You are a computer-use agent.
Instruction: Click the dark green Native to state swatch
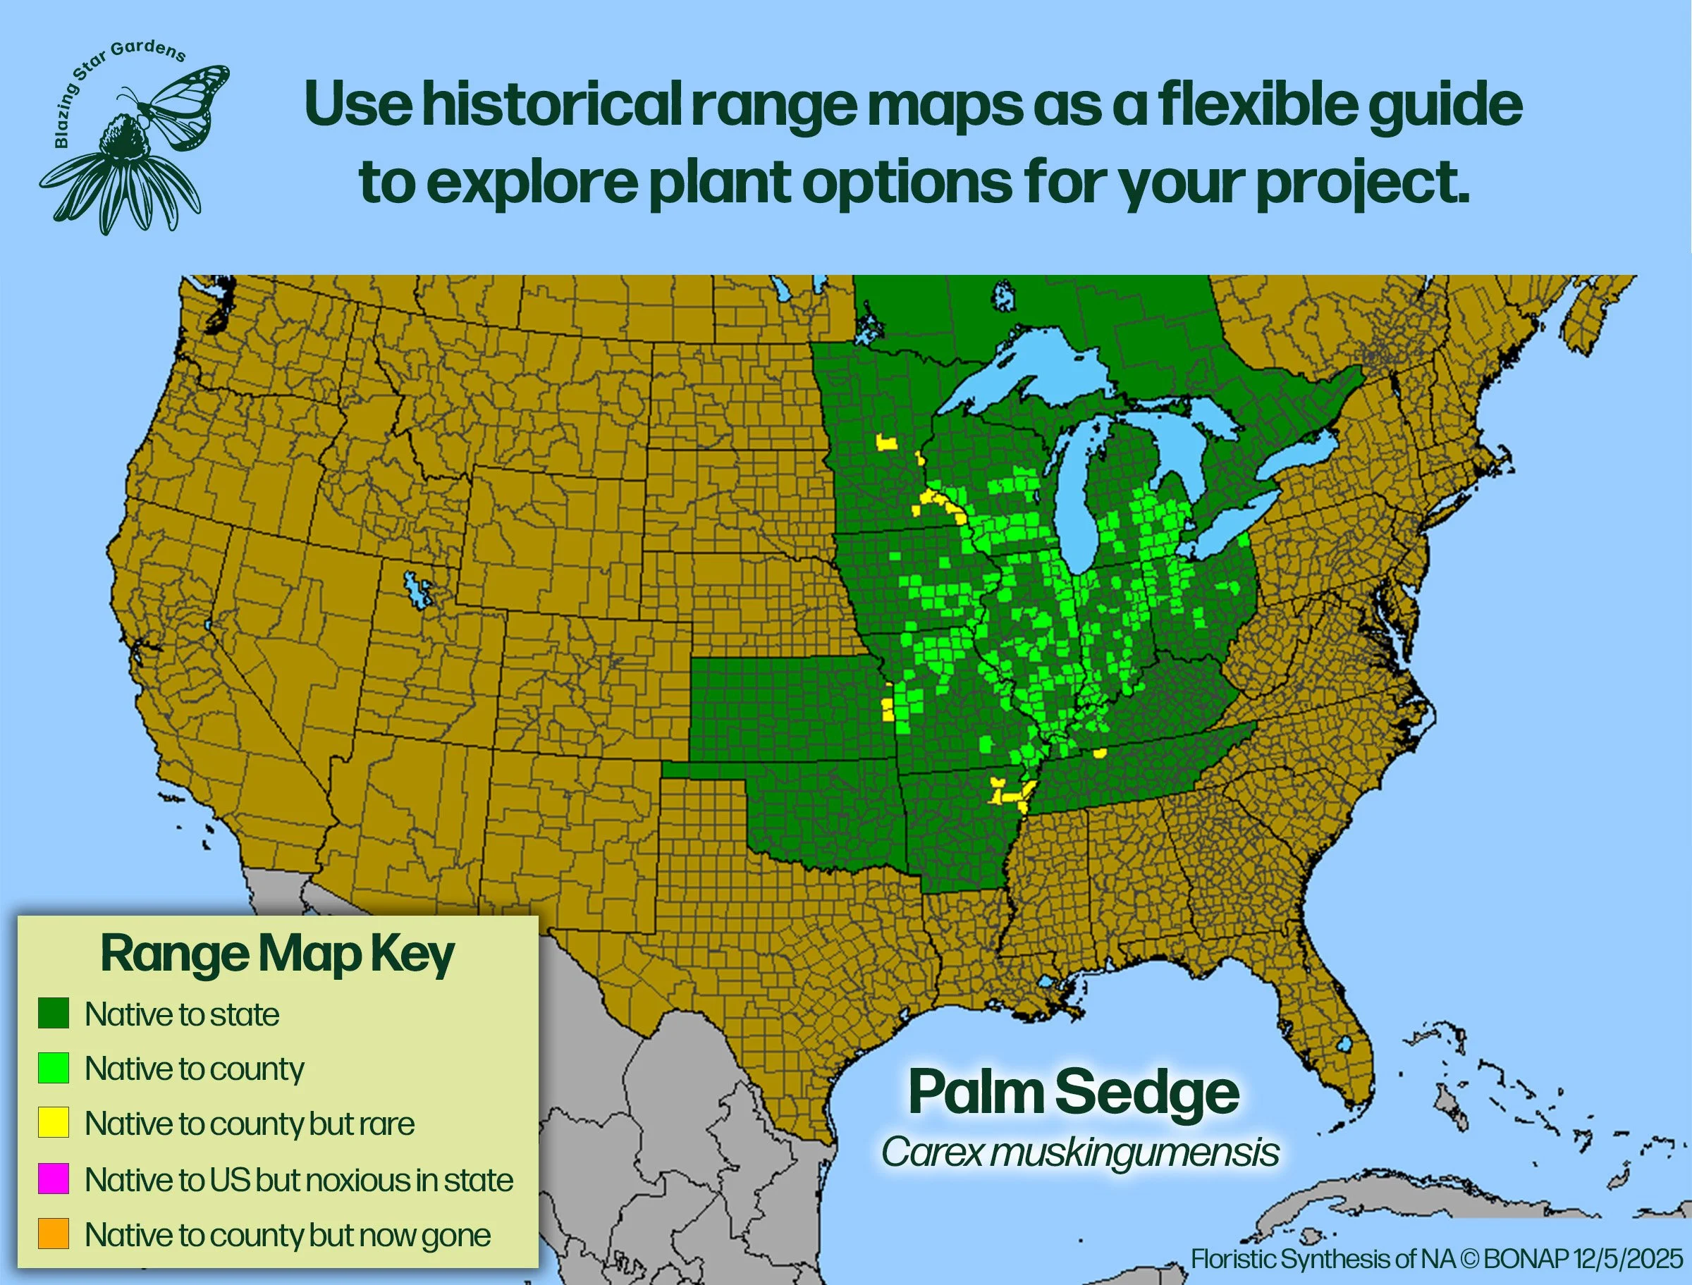54,1013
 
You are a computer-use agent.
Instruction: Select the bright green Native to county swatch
54,1068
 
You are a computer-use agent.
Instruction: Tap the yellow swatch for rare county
54,1123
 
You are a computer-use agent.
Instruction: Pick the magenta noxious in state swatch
54,1179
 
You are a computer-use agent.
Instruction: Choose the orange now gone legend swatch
54,1234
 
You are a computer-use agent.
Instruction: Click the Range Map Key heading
277,954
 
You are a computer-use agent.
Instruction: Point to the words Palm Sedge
1073,1093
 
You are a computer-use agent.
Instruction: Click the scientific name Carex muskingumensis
1079,1152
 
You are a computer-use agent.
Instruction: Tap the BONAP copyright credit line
1437,1259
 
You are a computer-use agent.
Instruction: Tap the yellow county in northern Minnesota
887,443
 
